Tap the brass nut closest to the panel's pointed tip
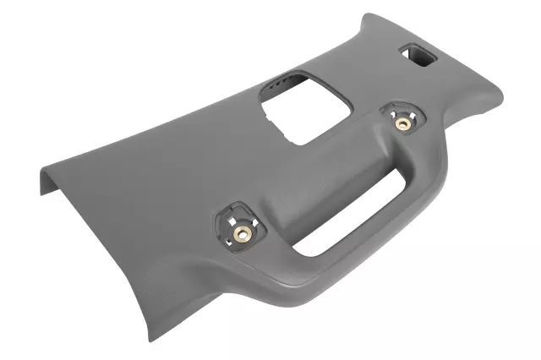pyautogui.click(x=241, y=232)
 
